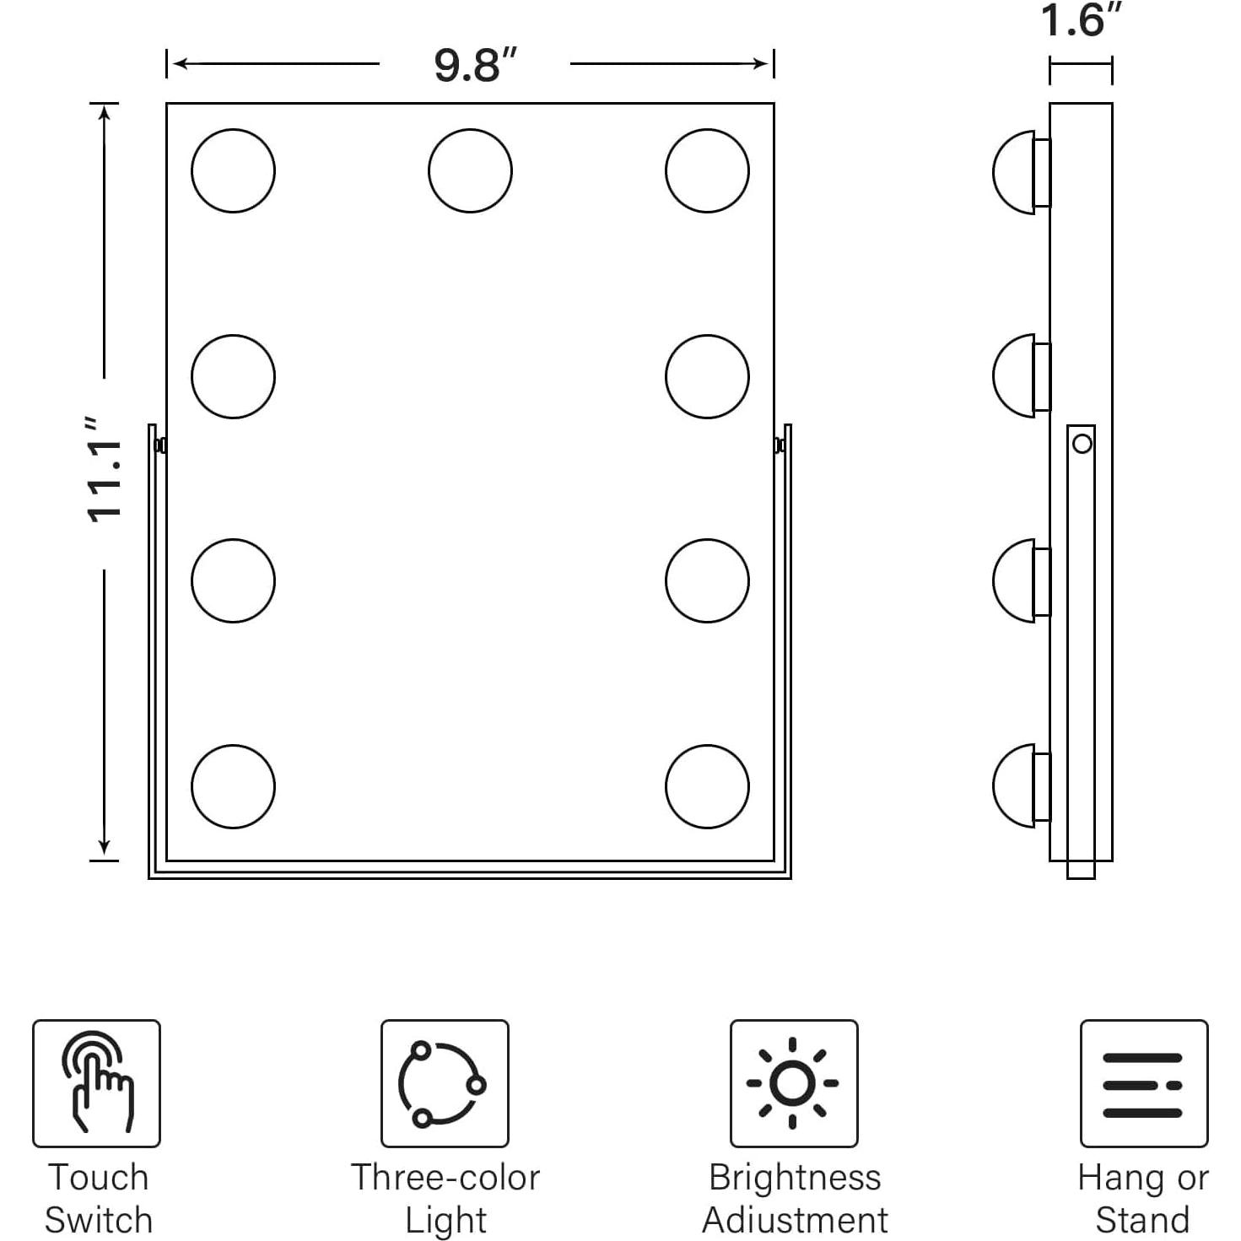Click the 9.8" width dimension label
[476, 64]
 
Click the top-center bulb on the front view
[470, 170]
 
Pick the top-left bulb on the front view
[233, 170]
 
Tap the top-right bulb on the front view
[707, 170]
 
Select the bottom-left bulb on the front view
[233, 786]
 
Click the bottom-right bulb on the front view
[707, 786]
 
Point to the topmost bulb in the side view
[1022, 173]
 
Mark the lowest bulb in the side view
[1022, 785]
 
